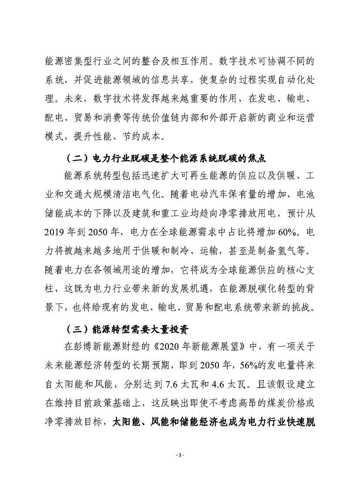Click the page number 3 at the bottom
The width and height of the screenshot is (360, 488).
pyautogui.click(x=180, y=455)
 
